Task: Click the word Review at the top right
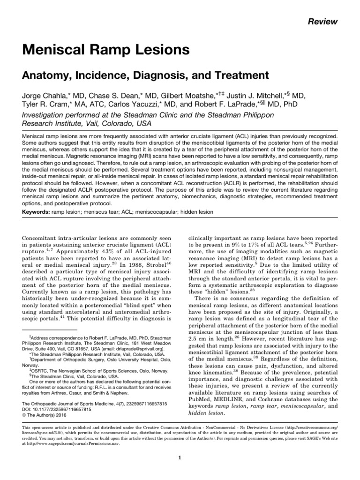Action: point(323,22)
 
